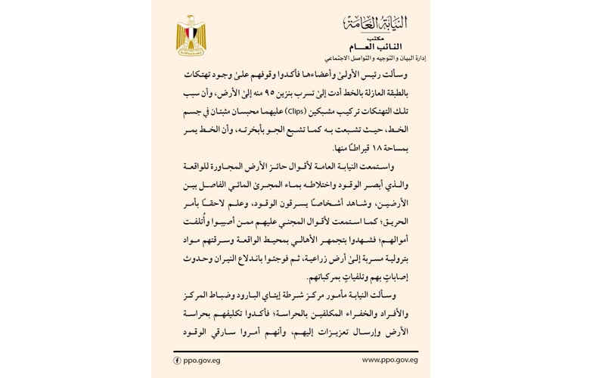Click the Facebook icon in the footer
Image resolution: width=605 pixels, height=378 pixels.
178,361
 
